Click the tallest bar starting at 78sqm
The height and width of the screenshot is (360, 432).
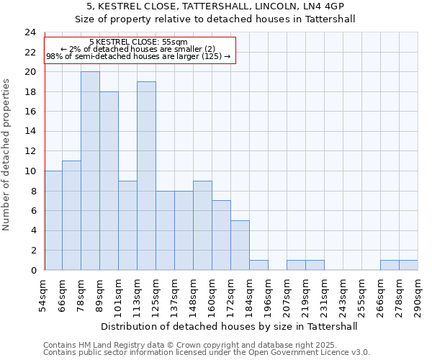click(90, 171)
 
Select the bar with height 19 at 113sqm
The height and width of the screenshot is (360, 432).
click(146, 176)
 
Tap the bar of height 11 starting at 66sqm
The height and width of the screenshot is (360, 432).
click(71, 215)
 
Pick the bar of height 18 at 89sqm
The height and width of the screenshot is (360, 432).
click(109, 181)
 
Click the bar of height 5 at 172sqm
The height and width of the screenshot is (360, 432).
click(240, 245)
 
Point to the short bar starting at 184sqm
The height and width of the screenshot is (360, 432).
click(258, 265)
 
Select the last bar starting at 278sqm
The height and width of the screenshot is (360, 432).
click(408, 265)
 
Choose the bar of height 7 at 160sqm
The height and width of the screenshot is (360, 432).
click(221, 235)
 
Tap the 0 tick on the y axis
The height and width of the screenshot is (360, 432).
click(33, 271)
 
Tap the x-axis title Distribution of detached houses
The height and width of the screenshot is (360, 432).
click(230, 326)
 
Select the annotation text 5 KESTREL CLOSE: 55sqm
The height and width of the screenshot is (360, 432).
click(138, 42)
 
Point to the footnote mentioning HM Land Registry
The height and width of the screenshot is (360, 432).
click(189, 345)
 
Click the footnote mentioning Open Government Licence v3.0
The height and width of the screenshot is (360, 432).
click(207, 352)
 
